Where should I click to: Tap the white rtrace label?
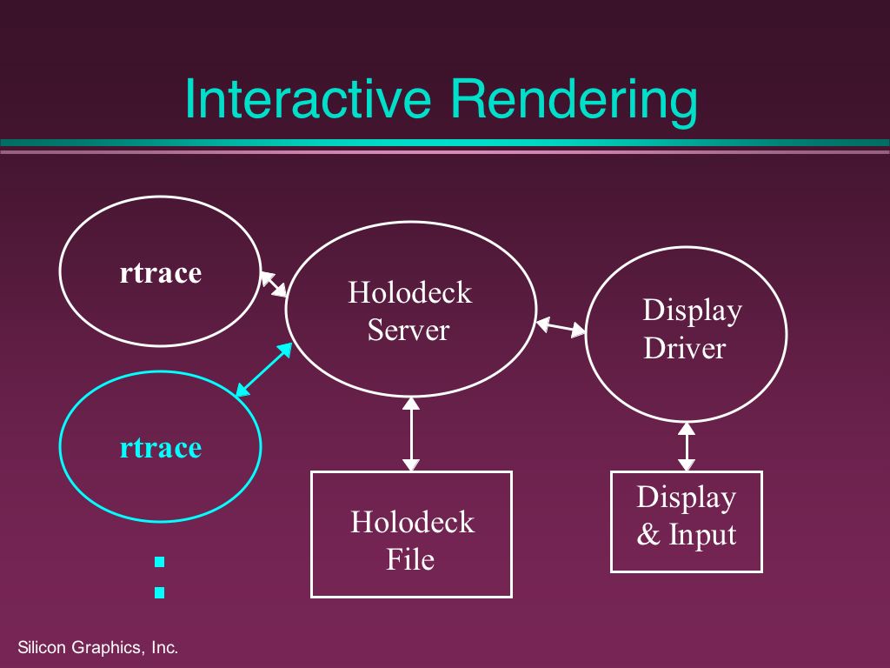coord(160,273)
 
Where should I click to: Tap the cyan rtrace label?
coord(160,447)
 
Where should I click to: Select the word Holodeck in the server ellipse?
coord(409,292)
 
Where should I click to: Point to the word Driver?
coord(684,348)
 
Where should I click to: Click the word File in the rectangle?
coord(410,559)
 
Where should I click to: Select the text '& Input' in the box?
coord(686,535)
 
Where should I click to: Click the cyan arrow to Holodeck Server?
coord(264,370)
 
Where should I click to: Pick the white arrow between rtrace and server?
coord(274,284)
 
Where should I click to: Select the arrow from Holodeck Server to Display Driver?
coord(561,327)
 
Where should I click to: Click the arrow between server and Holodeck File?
coord(410,434)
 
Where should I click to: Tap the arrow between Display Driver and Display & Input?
coord(687,446)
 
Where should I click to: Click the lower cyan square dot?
coord(159,593)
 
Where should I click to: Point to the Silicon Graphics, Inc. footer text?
coord(97,648)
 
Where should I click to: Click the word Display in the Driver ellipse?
coord(692,311)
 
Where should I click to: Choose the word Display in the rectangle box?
coord(686,498)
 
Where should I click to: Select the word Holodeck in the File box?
coord(412,522)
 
